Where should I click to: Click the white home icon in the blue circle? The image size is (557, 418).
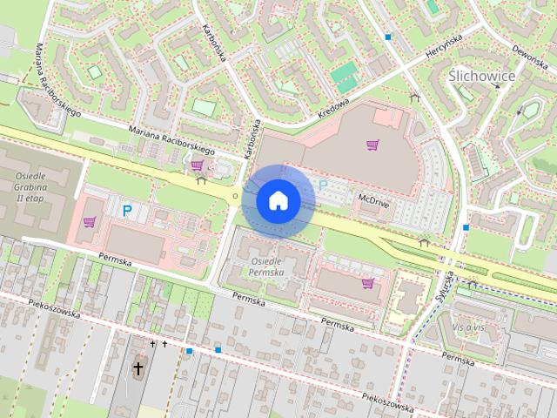[278, 200]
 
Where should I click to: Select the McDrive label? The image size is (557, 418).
[372, 199]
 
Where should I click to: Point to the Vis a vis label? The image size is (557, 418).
[467, 326]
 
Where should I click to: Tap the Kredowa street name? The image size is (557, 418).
[332, 109]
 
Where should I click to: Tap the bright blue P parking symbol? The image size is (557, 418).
[126, 210]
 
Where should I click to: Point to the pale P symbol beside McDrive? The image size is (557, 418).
[324, 185]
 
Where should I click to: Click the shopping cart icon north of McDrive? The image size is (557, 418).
[372, 145]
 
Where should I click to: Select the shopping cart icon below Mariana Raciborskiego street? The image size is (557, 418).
[198, 164]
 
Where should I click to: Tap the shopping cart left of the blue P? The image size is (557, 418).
[89, 221]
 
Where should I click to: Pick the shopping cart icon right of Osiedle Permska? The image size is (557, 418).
[367, 282]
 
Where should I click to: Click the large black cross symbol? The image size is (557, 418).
[138, 369]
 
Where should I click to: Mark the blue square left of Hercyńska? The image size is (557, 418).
[388, 37]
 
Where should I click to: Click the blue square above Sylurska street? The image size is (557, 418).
[466, 227]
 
